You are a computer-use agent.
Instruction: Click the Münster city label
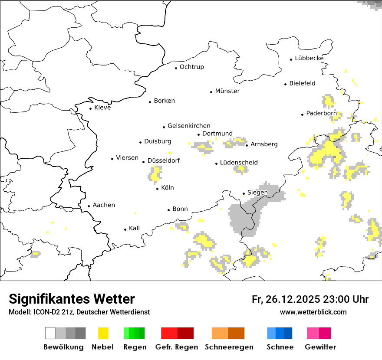(227, 91)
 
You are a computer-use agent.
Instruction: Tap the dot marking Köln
(158, 189)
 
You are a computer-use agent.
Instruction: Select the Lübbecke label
(309, 58)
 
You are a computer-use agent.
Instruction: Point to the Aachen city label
(104, 205)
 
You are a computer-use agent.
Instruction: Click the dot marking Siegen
(244, 193)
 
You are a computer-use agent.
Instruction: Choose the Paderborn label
(321, 114)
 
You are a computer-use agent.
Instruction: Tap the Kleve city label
(102, 108)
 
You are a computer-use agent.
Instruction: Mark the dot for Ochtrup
(176, 68)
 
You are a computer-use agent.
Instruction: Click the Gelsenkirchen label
(189, 126)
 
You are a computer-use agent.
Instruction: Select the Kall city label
(134, 228)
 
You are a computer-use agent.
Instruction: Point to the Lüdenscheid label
(239, 163)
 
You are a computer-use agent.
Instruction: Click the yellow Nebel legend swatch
(103, 333)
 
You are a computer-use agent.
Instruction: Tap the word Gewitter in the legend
(320, 347)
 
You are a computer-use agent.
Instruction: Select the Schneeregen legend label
(229, 347)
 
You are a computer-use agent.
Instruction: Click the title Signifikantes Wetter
(72, 299)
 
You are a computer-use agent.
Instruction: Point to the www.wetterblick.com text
(313, 312)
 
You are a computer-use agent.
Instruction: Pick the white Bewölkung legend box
(50, 333)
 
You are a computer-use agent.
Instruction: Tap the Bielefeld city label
(302, 83)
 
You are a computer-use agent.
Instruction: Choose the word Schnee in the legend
(280, 347)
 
